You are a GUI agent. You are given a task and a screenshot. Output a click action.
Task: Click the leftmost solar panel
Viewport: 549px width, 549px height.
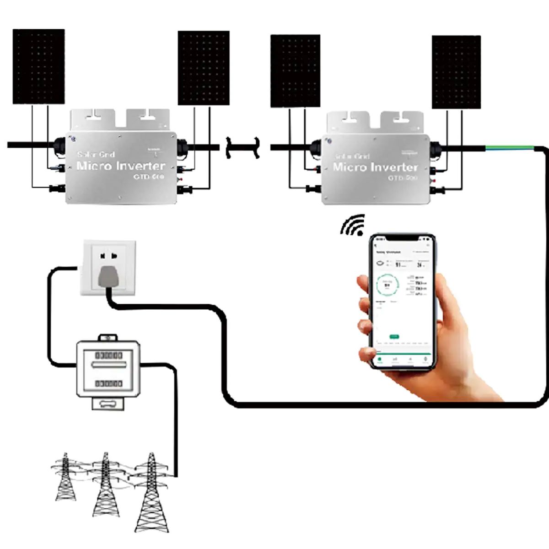tap(38, 67)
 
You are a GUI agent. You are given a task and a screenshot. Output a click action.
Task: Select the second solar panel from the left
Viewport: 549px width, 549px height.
tap(203, 68)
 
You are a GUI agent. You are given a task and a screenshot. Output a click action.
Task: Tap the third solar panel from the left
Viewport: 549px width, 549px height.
tap(295, 71)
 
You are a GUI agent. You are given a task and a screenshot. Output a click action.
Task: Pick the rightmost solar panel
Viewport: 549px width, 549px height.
tap(456, 72)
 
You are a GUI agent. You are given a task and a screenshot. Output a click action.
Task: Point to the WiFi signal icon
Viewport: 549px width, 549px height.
tap(354, 225)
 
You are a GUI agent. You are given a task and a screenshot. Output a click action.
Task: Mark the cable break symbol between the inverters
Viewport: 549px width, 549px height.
tap(242, 147)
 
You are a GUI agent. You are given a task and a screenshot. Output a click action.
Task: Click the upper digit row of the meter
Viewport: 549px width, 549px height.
tap(108, 355)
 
